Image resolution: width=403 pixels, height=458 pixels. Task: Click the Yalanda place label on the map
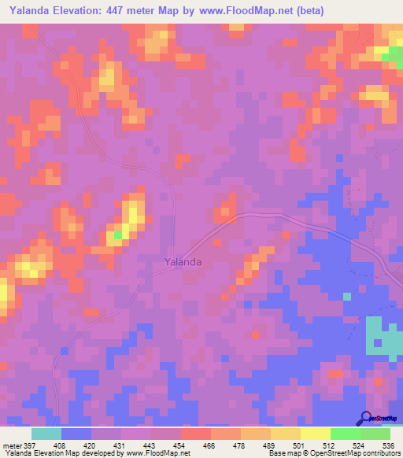tap(183, 262)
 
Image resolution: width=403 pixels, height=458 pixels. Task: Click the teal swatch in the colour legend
tap(46, 434)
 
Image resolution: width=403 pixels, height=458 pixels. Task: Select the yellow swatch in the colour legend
tap(316, 434)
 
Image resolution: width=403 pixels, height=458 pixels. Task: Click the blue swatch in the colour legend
tap(76, 434)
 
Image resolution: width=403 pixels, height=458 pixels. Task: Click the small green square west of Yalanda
tap(118, 235)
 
